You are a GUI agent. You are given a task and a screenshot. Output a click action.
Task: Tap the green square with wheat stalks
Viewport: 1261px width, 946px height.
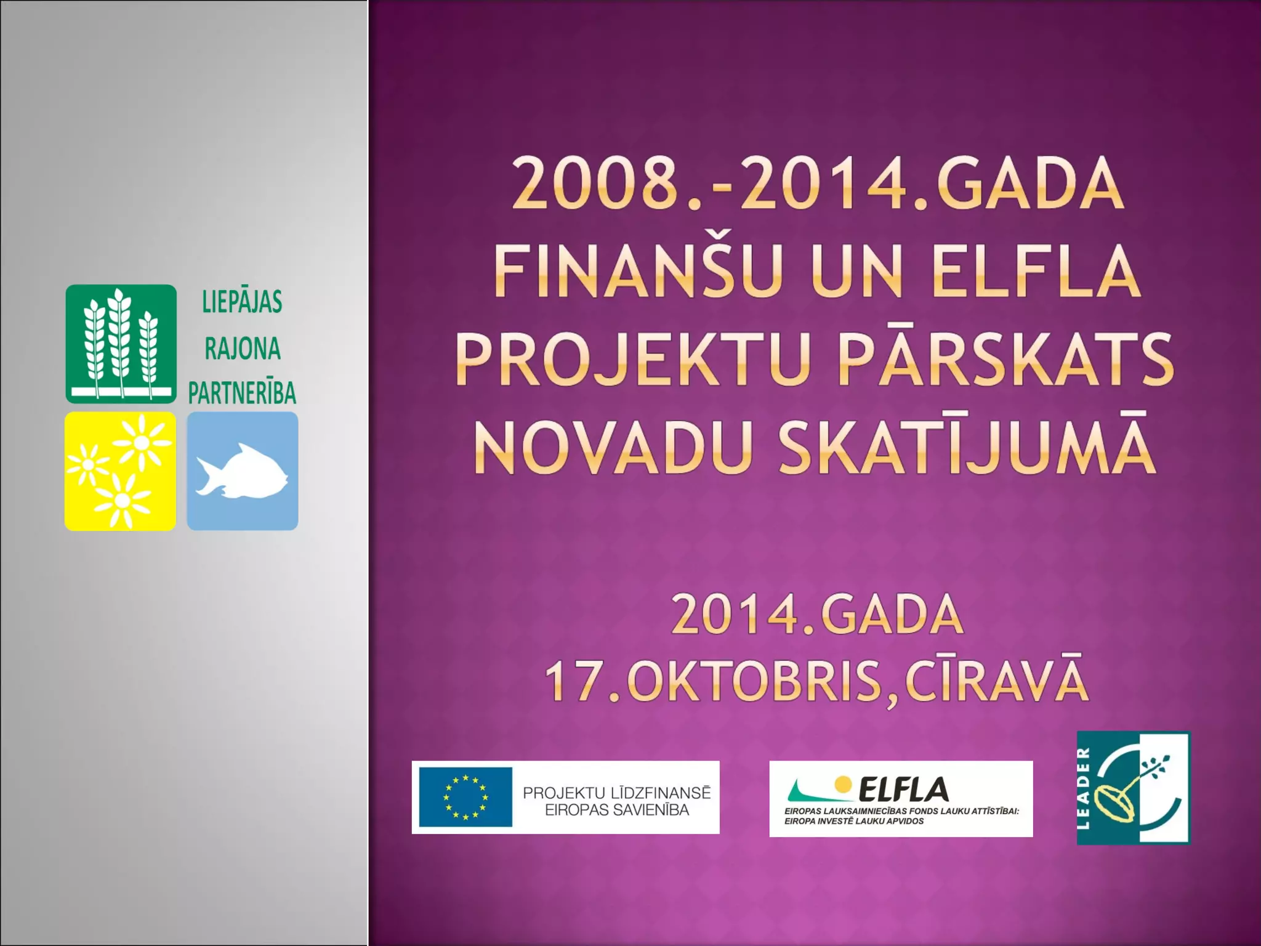(121, 344)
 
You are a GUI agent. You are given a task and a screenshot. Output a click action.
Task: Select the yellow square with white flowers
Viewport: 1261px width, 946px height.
(120, 471)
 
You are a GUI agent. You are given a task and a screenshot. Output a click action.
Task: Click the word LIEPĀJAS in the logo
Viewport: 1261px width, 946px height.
(243, 302)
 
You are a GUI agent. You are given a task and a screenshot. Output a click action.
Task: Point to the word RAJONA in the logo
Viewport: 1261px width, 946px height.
(243, 349)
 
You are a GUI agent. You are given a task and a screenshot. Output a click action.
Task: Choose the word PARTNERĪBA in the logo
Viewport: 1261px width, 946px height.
(242, 393)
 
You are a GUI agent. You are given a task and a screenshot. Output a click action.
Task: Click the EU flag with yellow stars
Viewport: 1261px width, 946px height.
(465, 797)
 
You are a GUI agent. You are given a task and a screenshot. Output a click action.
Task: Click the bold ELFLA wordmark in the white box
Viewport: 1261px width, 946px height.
(903, 789)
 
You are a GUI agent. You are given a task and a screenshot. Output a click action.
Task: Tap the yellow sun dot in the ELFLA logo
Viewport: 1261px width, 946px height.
(842, 783)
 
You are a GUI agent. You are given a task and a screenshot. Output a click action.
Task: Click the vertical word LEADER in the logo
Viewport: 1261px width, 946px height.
(1085, 788)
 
